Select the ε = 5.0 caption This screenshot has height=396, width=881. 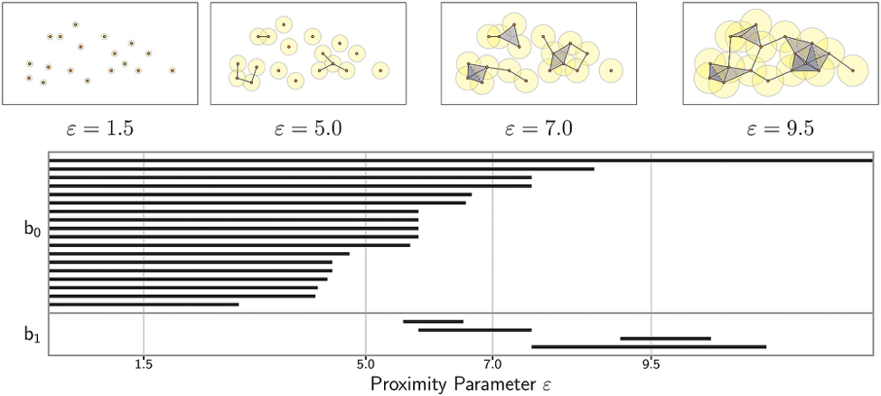(307, 128)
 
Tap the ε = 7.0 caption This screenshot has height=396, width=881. (539, 128)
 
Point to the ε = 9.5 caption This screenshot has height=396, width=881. (780, 128)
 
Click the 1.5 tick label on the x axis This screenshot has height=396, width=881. (143, 364)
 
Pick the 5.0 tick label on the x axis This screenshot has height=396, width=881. (365, 364)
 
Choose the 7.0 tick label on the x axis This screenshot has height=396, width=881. (492, 364)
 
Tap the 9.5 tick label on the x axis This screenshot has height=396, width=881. (651, 364)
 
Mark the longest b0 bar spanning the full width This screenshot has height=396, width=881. (460, 160)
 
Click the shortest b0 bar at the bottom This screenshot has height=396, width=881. (144, 305)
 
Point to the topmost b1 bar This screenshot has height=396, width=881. (433, 321)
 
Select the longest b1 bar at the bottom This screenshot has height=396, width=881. (648, 346)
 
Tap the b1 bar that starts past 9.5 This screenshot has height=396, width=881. (665, 338)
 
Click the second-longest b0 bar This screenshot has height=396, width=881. (321, 169)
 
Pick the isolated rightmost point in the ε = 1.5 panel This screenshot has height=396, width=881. (172, 70)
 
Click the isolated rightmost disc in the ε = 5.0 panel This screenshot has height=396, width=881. (380, 70)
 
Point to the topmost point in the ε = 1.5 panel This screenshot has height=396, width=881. (75, 24)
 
